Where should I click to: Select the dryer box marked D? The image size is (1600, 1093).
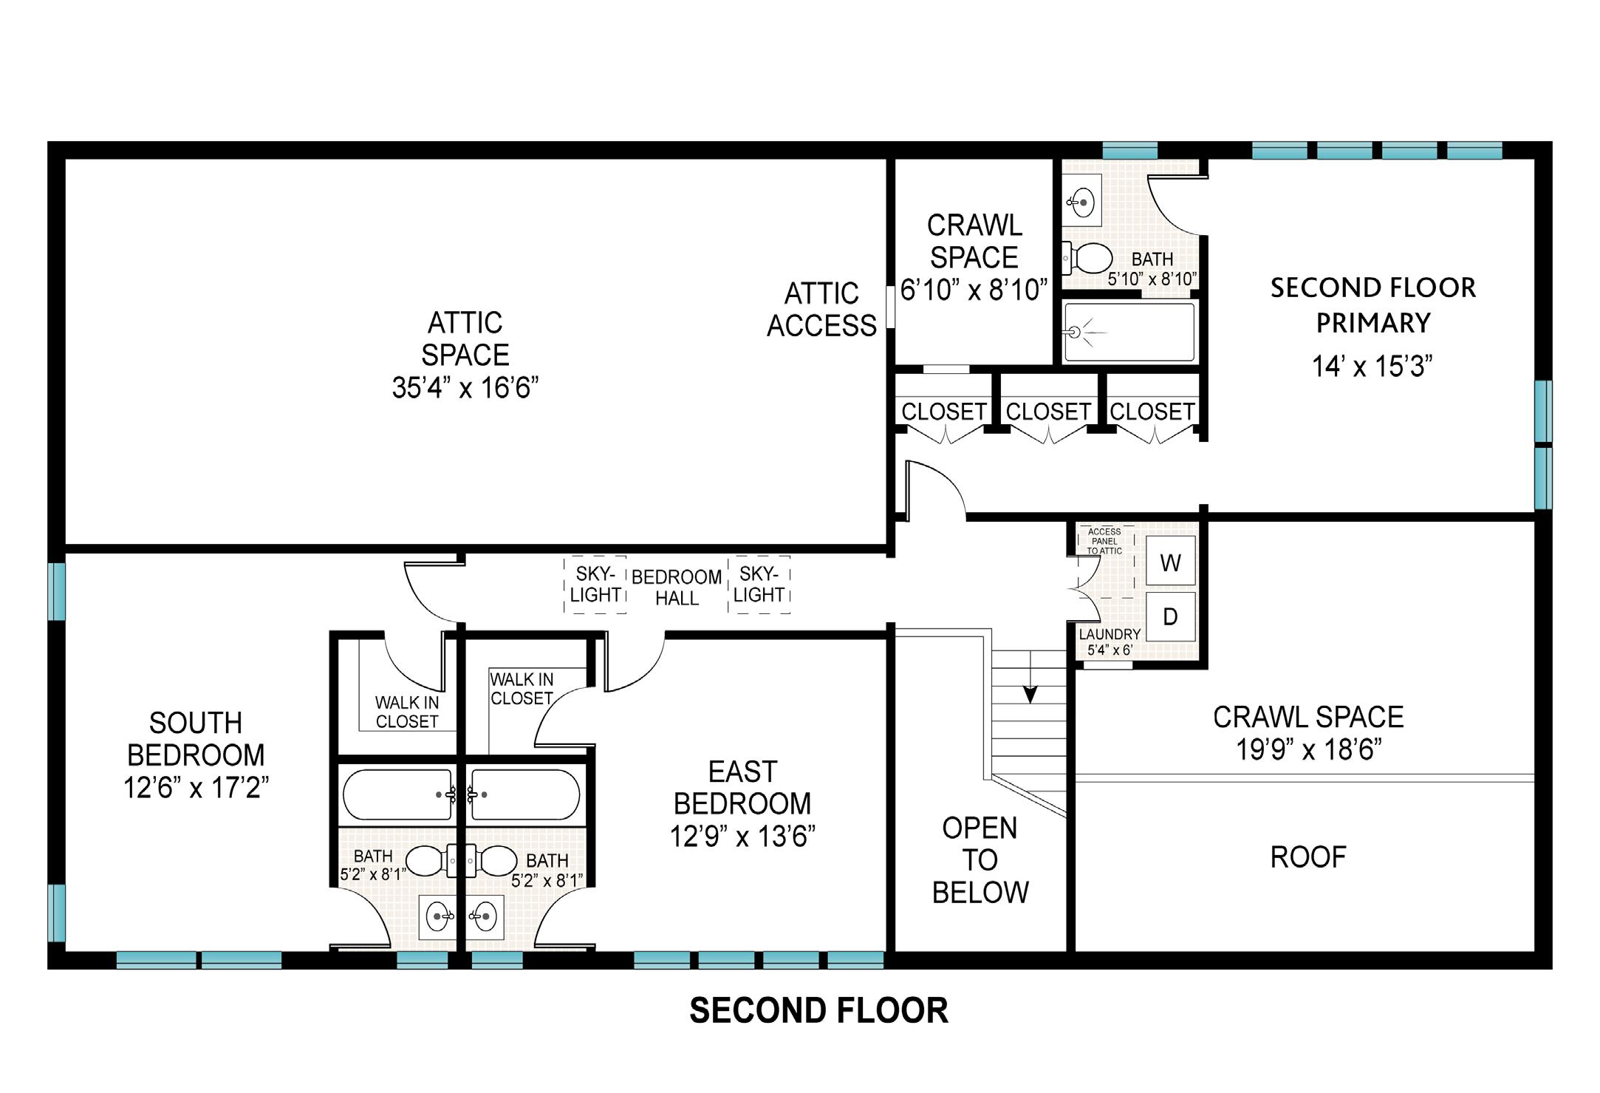coord(1170,616)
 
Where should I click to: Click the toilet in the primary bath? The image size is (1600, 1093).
coord(1087,258)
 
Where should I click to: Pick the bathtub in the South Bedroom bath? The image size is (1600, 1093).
coord(397,794)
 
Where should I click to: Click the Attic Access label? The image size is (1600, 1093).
coord(821,310)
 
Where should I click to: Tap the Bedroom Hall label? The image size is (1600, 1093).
coord(677,588)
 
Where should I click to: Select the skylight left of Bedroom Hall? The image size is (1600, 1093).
coord(595,585)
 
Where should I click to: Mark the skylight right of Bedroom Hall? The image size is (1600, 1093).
coord(759,585)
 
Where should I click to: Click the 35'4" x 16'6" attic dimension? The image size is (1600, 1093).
coord(465,387)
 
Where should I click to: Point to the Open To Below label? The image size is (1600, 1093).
coord(980,860)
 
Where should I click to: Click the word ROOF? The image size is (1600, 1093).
coord(1308,857)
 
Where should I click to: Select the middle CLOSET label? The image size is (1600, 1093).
coord(1048,412)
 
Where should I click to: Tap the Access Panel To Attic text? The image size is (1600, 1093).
coord(1104,541)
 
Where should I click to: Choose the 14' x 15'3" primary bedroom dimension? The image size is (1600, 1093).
coord(1372,367)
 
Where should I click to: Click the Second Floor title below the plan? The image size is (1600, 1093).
coord(818,1011)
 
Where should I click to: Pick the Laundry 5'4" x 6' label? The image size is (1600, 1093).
coord(1110,642)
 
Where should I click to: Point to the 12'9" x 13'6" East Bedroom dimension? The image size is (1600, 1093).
coord(742,837)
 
